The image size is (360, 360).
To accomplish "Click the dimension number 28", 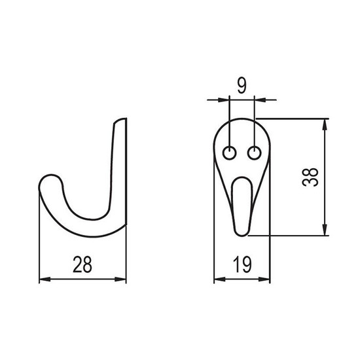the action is (82, 264).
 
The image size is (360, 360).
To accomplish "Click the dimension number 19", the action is (242, 264).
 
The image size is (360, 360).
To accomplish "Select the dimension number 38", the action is (310, 177).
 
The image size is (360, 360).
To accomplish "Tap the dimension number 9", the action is (242, 86).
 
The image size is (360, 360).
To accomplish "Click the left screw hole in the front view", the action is (229, 153).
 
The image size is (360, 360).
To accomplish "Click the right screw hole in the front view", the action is (255, 153).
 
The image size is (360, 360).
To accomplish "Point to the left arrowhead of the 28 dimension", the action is (45, 279).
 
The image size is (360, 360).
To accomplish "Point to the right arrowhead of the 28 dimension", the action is (120, 279).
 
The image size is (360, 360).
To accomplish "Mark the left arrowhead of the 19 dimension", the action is (220, 279).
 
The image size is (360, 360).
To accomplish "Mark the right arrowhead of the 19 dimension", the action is (264, 279).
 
